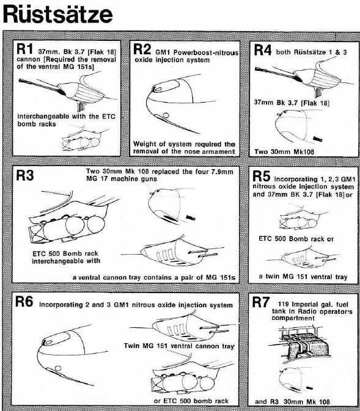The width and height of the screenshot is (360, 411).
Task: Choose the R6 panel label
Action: pyautogui.click(x=24, y=304)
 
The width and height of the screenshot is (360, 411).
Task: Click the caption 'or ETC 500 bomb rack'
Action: pyautogui.click(x=191, y=400)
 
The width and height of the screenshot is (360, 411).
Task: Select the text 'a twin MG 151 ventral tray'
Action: pyautogui.click(x=303, y=277)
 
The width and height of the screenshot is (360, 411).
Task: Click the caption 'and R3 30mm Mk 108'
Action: pyautogui.click(x=299, y=401)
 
